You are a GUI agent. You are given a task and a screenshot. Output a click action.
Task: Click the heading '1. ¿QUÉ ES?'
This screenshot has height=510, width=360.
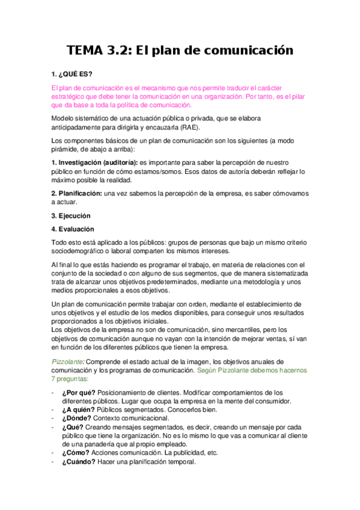pyautogui.click(x=72, y=74)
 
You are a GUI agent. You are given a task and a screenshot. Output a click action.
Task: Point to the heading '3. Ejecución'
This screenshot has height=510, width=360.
pyautogui.click(x=71, y=215)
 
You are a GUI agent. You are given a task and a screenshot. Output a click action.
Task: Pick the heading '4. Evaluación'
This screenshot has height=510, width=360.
pyautogui.click(x=73, y=229)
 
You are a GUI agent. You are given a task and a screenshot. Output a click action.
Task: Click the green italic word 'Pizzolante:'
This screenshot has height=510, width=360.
pyautogui.click(x=69, y=361)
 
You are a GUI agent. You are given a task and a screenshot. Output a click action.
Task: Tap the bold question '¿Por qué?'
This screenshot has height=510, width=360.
pyautogui.click(x=81, y=392)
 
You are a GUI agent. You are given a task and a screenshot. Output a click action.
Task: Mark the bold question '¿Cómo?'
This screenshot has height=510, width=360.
pyautogui.click(x=76, y=452)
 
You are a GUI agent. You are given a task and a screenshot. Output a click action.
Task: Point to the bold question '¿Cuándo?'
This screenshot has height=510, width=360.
pyautogui.click(x=81, y=461)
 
